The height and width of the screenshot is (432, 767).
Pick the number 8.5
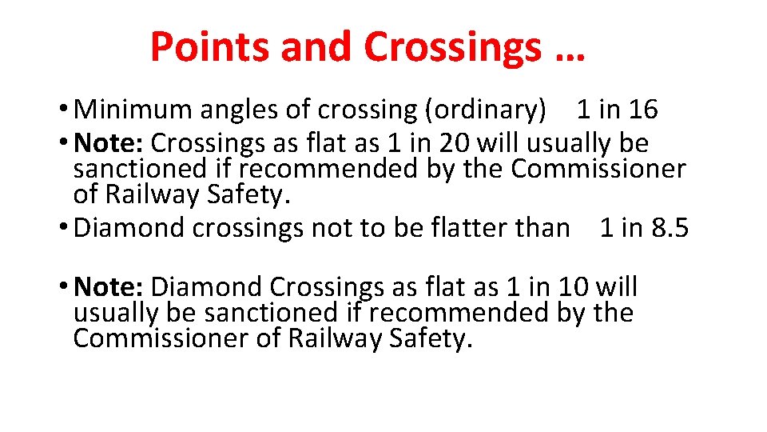tap(669, 228)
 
